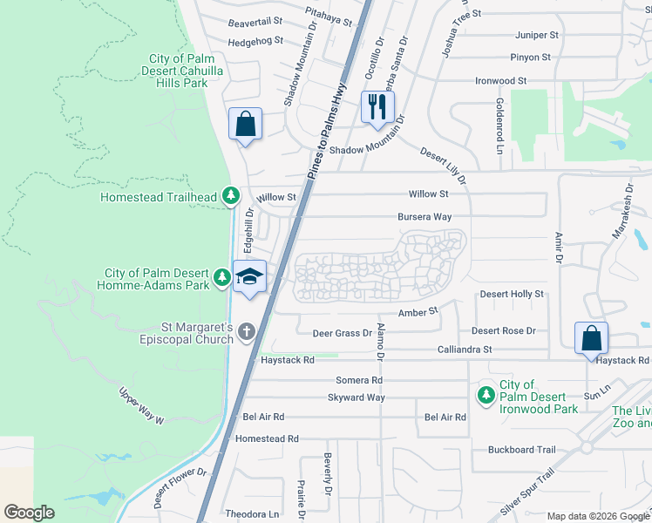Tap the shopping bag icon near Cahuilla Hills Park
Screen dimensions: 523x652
(x=246, y=124)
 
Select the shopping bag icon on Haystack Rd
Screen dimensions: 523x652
(x=591, y=338)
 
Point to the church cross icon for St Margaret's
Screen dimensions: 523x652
(x=247, y=331)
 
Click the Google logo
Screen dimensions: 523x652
(x=29, y=512)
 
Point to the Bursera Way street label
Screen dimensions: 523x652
(x=424, y=216)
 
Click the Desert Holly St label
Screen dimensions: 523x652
(x=512, y=295)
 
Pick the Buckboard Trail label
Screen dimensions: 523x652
(x=521, y=450)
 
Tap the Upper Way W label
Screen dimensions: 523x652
(x=141, y=407)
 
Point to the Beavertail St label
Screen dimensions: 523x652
(x=255, y=21)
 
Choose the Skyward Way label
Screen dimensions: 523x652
(x=356, y=397)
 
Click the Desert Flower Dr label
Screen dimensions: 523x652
(x=180, y=486)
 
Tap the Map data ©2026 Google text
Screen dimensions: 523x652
(x=597, y=516)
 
